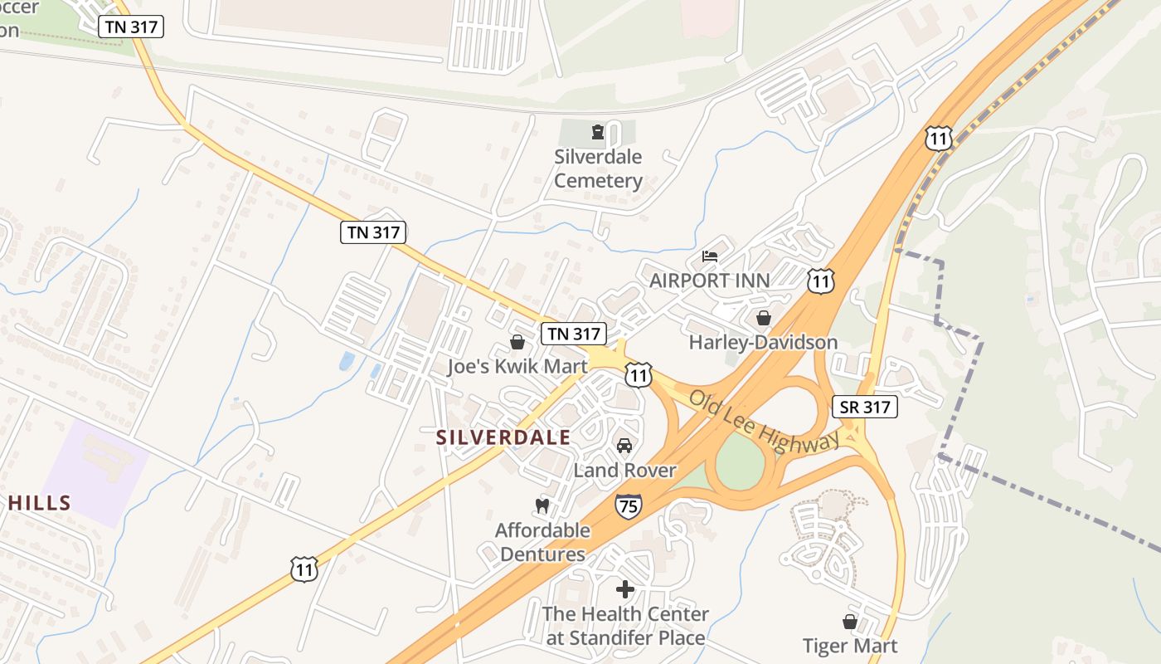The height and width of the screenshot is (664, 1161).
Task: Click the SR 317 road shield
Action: (865, 407)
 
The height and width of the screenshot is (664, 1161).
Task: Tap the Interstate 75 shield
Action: (629, 505)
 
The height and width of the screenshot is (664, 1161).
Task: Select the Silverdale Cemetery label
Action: (598, 168)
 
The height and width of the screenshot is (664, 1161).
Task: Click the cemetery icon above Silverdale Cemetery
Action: (597, 131)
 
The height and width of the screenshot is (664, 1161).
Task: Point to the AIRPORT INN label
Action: (709, 281)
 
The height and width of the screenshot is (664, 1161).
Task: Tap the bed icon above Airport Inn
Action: (710, 255)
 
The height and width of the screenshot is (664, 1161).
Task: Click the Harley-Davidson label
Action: (763, 342)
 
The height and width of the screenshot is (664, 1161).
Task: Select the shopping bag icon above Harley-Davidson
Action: (764, 318)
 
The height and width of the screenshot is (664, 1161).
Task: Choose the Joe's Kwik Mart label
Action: (517, 366)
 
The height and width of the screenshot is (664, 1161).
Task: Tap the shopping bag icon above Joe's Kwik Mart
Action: (517, 342)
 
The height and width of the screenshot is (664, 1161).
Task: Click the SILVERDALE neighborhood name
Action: (503, 437)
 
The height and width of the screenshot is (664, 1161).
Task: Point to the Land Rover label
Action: (624, 471)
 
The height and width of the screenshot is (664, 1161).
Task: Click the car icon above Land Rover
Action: (624, 446)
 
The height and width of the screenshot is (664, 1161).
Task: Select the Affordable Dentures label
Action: (542, 542)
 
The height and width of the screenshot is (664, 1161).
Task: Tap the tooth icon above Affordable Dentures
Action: (542, 505)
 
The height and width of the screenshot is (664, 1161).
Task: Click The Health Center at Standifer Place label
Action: (625, 626)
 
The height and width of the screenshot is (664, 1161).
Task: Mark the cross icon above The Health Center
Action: (625, 589)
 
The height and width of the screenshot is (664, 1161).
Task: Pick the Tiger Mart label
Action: (850, 645)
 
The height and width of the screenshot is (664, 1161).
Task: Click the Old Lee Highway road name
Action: (764, 421)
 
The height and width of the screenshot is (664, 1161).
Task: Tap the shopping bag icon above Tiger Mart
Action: (850, 621)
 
